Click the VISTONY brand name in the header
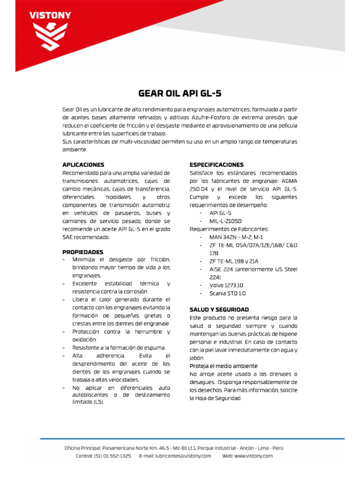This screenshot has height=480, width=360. pyautogui.click(x=51, y=15)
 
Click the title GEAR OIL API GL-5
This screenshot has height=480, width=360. pyautogui.click(x=180, y=93)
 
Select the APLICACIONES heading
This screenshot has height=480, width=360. pyautogui.click(x=83, y=165)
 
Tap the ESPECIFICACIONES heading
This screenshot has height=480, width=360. pyautogui.click(x=217, y=165)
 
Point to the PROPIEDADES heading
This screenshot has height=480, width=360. pyautogui.click(x=83, y=252)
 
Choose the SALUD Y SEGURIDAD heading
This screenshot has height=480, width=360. pyautogui.click(x=219, y=309)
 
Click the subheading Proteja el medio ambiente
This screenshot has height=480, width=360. pyautogui.click(x=224, y=366)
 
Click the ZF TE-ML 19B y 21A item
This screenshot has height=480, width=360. pyautogui.click(x=234, y=261)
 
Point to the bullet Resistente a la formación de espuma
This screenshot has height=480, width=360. pyautogui.click(x=119, y=347)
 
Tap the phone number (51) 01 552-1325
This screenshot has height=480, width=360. pyautogui.click(x=112, y=456)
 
